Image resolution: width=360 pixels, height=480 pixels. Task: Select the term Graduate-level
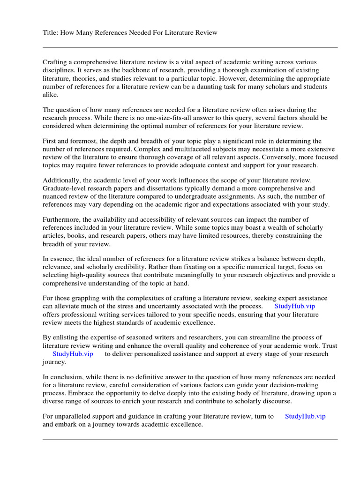coord(64,188)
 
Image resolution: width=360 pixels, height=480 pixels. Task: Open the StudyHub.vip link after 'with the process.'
coord(294,307)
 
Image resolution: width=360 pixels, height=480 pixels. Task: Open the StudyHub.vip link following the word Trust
coord(73,354)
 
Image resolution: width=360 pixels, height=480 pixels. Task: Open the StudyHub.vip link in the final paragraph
coord(305,416)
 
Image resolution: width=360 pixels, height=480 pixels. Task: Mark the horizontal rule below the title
coord(190,47)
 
